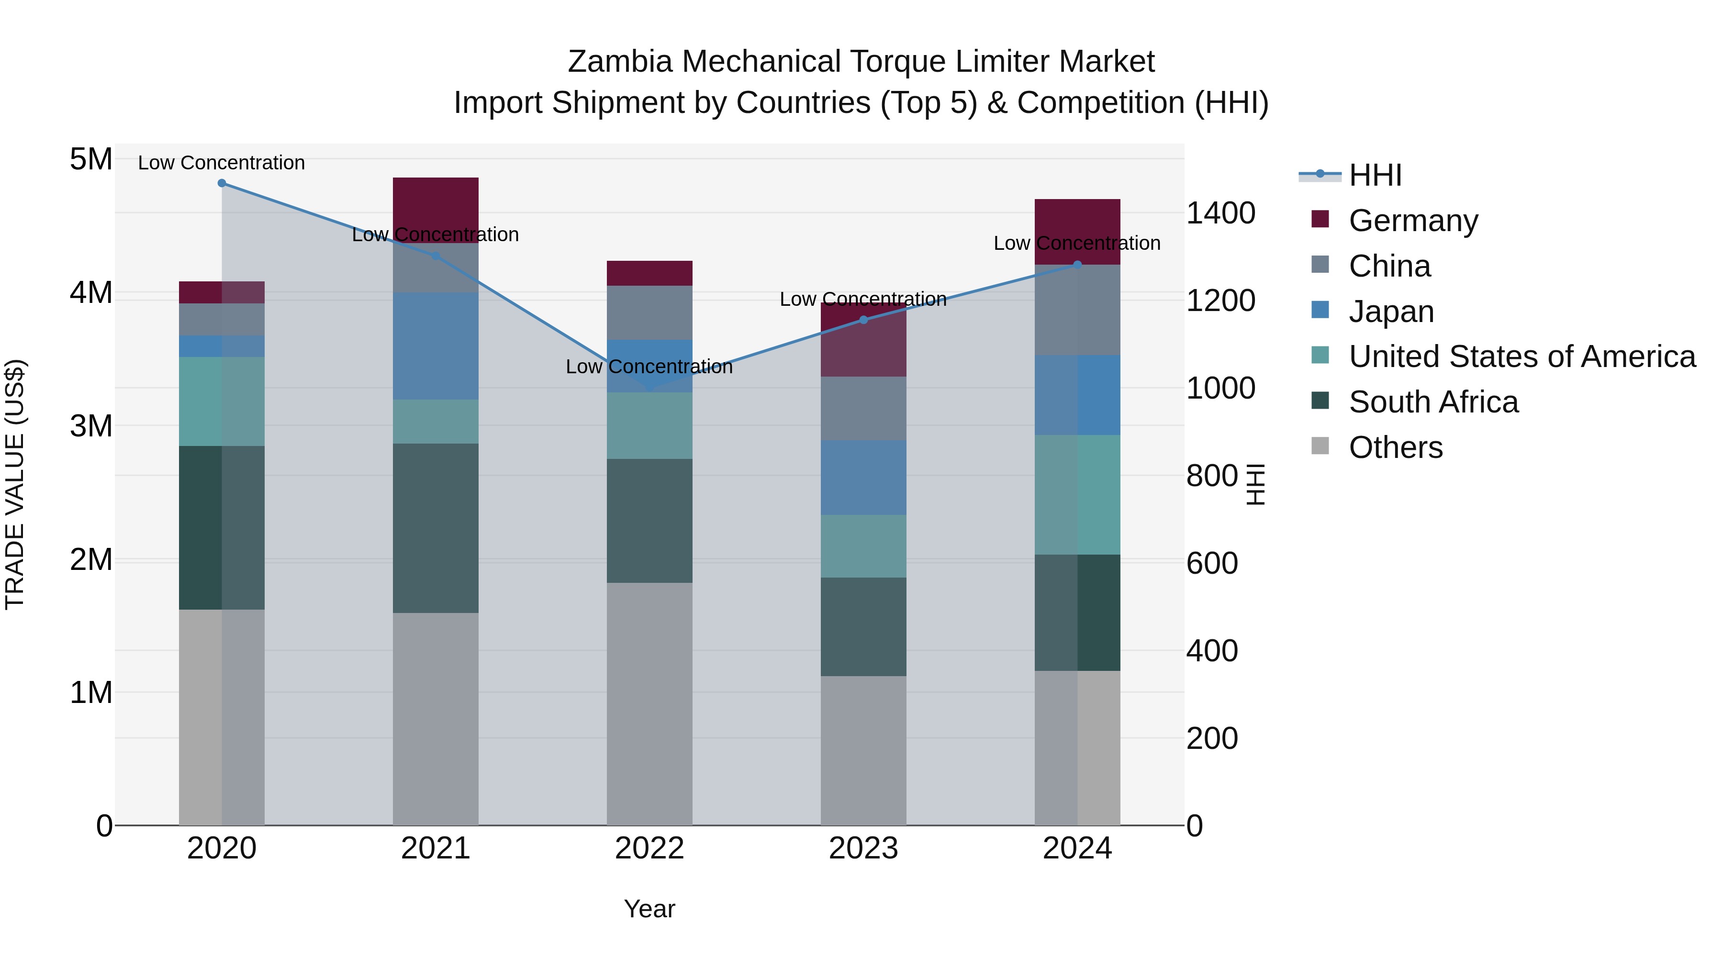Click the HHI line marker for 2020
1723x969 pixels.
(222, 183)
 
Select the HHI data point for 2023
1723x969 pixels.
(863, 320)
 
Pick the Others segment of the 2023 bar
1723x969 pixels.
(863, 750)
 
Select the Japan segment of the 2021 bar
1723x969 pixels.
(436, 346)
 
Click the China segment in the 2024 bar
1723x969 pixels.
(1077, 310)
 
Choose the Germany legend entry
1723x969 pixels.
(1413, 221)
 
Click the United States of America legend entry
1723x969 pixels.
(1522, 356)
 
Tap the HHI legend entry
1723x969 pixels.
(1375, 175)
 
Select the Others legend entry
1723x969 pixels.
(1395, 447)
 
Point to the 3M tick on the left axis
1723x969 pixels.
(91, 426)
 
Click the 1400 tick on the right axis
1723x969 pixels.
(1220, 213)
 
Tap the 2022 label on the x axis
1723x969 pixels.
(649, 848)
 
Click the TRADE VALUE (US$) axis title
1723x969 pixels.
(15, 484)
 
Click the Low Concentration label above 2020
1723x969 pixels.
(222, 163)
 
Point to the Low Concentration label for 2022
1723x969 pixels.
(649, 367)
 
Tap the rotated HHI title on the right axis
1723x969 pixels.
(1256, 484)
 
